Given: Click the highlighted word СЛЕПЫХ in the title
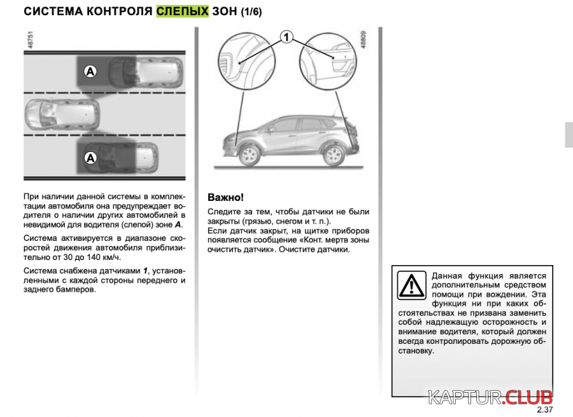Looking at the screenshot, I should (x=183, y=11).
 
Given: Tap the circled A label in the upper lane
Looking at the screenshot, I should (x=90, y=72).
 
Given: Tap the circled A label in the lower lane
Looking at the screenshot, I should (x=90, y=156).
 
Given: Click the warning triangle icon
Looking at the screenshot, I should (x=412, y=285).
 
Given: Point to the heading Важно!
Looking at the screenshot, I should (x=226, y=197).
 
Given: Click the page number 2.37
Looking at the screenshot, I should (x=544, y=409).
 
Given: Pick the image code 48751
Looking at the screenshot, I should (x=29, y=43).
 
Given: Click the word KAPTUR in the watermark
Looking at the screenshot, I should (x=465, y=397).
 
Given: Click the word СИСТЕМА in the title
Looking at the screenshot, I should (x=52, y=11).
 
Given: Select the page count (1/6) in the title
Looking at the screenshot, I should (x=251, y=11).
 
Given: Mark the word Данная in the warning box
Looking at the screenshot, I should (x=448, y=276).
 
